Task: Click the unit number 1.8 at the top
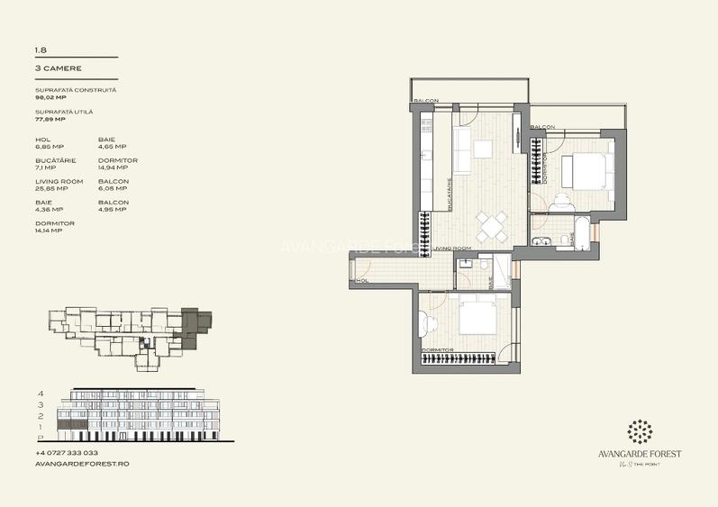(x=40, y=51)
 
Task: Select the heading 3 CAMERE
(x=59, y=68)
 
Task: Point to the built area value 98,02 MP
(x=50, y=97)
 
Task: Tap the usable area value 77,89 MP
(x=50, y=119)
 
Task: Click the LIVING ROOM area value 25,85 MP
(x=50, y=188)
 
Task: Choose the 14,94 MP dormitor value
(x=113, y=167)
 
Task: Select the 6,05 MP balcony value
(x=112, y=188)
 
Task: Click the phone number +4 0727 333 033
(x=67, y=453)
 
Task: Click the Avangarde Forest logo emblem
(x=641, y=431)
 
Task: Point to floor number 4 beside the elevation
(x=41, y=394)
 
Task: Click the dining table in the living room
(x=491, y=227)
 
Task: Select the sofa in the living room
(x=461, y=150)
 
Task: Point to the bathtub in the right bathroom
(x=583, y=234)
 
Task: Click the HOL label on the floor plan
(x=364, y=281)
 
